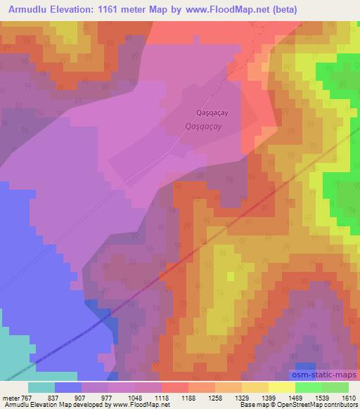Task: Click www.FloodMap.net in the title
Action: [229, 9]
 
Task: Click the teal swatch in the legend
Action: [41, 387]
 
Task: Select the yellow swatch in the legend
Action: [281, 387]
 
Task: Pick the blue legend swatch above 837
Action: [67, 387]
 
